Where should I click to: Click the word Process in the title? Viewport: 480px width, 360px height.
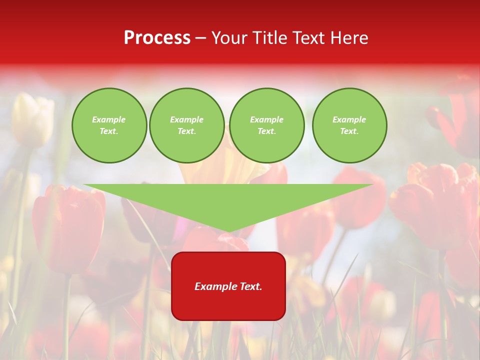click(157, 38)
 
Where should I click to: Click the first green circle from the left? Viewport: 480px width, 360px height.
click(109, 125)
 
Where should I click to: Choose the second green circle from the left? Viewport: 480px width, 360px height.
click(187, 125)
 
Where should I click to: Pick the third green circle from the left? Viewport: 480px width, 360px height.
click(266, 125)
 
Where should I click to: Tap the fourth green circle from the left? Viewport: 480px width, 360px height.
click(349, 125)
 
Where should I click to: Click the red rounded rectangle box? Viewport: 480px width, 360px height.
click(228, 286)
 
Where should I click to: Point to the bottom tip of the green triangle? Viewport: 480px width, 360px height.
click(228, 231)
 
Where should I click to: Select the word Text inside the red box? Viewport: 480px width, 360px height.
click(250, 286)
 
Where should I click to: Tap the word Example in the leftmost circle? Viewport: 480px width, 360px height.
click(109, 119)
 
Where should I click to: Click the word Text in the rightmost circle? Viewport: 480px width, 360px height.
click(349, 131)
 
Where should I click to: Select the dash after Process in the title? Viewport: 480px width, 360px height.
click(200, 38)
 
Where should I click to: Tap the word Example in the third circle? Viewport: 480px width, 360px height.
click(266, 119)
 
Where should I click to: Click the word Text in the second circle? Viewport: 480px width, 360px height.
click(186, 131)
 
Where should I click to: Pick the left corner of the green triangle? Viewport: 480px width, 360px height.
click(85, 185)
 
